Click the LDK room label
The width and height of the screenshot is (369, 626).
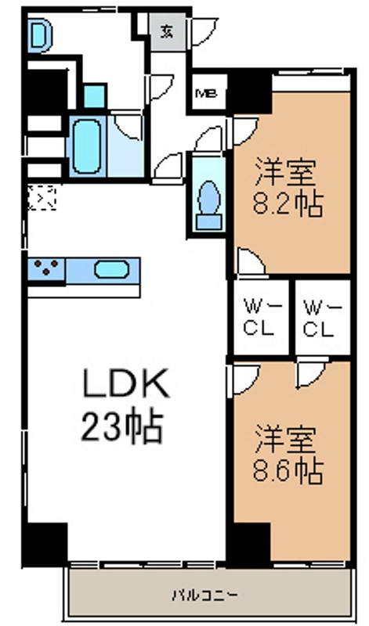(126, 383)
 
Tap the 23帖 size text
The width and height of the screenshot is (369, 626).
(122, 426)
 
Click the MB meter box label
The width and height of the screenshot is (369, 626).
(206, 94)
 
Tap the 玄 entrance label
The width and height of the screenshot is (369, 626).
(168, 32)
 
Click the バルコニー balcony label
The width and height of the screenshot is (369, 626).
(204, 595)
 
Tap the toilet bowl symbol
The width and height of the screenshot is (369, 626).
(209, 206)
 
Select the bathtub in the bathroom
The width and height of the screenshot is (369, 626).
(87, 146)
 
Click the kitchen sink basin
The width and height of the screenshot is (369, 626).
(111, 269)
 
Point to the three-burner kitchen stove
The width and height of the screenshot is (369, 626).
(46, 268)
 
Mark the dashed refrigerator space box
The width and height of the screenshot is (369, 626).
(42, 197)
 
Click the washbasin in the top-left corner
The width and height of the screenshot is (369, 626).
(40, 35)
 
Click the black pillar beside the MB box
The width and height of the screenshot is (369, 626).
(251, 91)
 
